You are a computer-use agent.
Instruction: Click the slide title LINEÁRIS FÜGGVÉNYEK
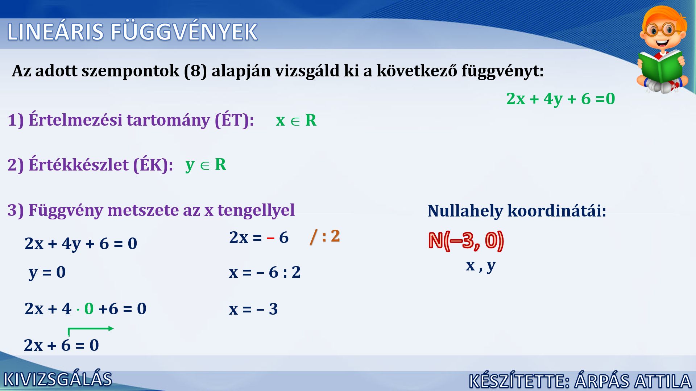pyautogui.click(x=132, y=32)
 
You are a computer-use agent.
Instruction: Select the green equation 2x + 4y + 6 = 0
pyautogui.click(x=560, y=99)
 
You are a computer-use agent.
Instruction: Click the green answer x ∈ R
pyautogui.click(x=296, y=120)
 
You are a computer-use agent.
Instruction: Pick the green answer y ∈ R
pyautogui.click(x=206, y=165)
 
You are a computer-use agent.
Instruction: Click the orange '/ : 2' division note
pyautogui.click(x=325, y=236)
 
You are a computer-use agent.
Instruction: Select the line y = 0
pyautogui.click(x=47, y=272)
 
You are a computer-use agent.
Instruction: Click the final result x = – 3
pyautogui.click(x=253, y=309)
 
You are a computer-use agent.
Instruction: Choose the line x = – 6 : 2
pyautogui.click(x=265, y=272)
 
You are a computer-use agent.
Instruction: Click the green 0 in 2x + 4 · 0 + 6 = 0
pyautogui.click(x=89, y=309)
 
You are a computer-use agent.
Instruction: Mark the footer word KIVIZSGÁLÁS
pyautogui.click(x=58, y=379)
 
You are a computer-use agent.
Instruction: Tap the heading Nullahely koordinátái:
pyautogui.click(x=517, y=211)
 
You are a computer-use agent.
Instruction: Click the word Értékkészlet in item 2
pyautogui.click(x=79, y=165)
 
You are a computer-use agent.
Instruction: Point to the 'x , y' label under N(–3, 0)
pyautogui.click(x=481, y=266)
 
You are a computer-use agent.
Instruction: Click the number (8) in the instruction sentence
pyautogui.click(x=195, y=71)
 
